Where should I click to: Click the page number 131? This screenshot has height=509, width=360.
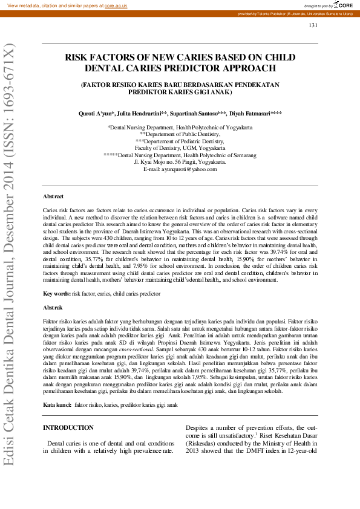(x=313, y=25)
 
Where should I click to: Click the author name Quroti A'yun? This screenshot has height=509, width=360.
(x=97, y=114)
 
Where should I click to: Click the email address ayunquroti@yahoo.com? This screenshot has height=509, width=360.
(x=188, y=169)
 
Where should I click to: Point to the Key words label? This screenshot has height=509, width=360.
(x=56, y=293)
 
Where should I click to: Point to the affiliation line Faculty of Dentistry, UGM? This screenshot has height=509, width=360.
(x=180, y=148)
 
